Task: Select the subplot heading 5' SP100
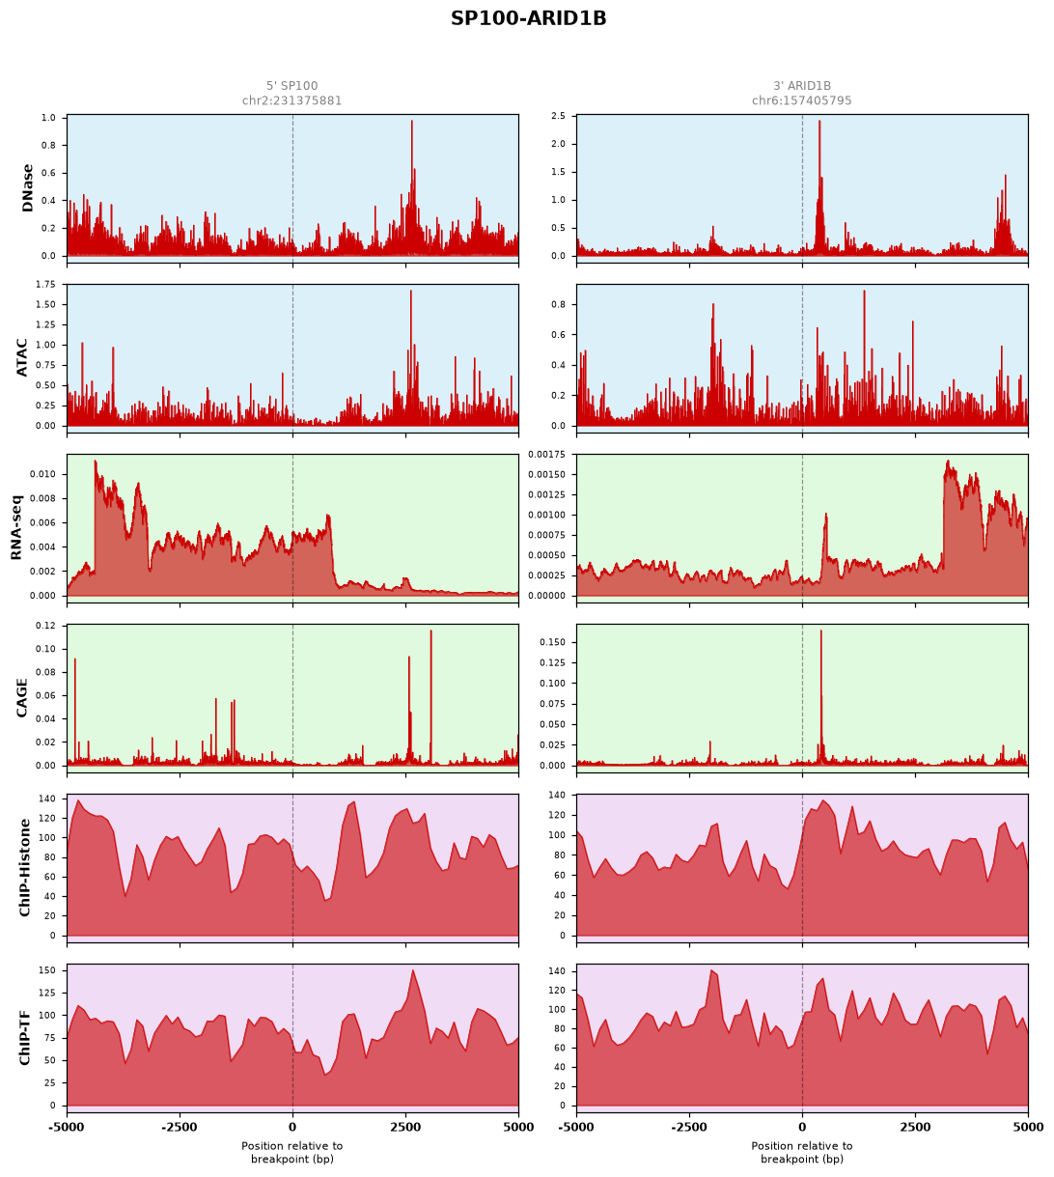click(291, 86)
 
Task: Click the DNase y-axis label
click(27, 187)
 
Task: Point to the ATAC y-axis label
click(21, 357)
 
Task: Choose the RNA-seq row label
click(15, 527)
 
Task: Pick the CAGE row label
click(21, 697)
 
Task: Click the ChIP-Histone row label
click(24, 867)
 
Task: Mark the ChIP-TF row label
click(24, 1037)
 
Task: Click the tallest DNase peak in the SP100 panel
click(411, 122)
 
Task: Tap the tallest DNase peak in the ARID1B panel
click(818, 122)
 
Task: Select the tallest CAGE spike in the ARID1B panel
click(819, 631)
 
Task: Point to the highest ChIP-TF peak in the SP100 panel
click(412, 969)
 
